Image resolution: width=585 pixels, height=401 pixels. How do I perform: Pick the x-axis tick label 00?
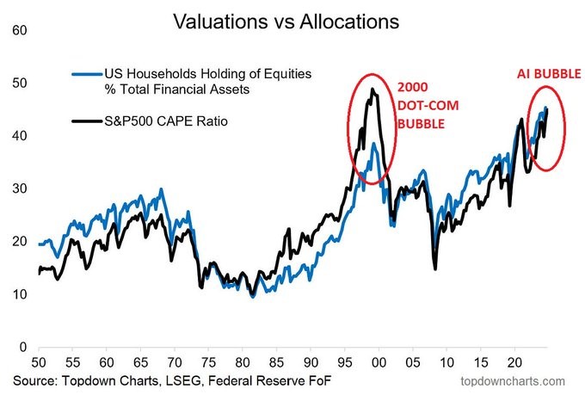(x=379, y=362)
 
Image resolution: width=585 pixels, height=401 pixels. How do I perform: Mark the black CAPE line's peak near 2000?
(x=373, y=89)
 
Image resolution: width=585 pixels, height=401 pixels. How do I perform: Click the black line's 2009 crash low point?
(x=435, y=268)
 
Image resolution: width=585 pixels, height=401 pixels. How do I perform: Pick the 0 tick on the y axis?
(x=20, y=347)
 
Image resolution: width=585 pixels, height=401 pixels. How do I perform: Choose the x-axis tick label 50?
(x=38, y=362)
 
